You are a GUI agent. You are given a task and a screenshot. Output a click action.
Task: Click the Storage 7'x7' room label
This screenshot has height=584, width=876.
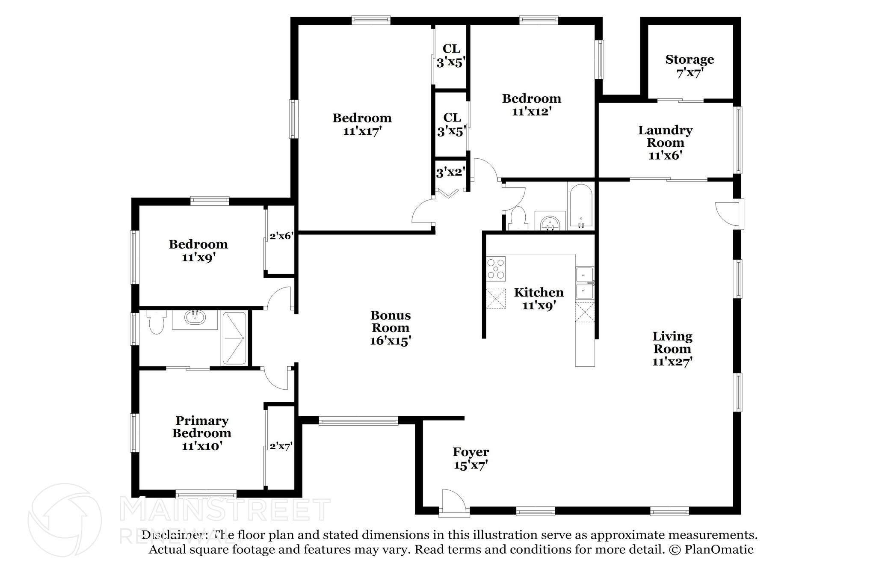[x=689, y=66]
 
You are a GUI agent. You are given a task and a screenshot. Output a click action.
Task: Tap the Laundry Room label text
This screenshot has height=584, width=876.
[x=665, y=136]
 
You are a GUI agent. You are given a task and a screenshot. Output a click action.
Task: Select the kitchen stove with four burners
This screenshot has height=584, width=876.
[x=496, y=269]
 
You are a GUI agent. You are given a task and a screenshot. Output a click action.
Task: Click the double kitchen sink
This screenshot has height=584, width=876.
[x=584, y=283]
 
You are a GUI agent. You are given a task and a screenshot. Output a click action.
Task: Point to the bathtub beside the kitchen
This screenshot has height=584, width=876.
[x=581, y=206]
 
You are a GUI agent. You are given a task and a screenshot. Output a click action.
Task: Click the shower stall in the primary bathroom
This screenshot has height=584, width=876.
[x=234, y=338]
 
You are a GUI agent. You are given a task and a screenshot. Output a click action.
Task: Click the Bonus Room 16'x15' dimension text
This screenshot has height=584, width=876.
[x=390, y=341]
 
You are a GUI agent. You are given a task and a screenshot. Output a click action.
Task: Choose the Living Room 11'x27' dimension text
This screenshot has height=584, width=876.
[x=672, y=362]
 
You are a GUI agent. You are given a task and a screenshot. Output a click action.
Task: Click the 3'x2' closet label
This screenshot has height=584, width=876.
[x=450, y=173]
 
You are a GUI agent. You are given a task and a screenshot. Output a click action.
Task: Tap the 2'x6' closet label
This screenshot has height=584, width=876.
[x=281, y=236]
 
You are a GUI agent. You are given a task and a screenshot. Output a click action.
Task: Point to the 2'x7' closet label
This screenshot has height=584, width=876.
[x=281, y=447]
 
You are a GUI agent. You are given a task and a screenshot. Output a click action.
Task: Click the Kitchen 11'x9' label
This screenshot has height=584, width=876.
[x=539, y=299]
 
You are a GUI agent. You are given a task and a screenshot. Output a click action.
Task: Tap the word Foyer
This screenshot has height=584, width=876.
[x=471, y=452]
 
